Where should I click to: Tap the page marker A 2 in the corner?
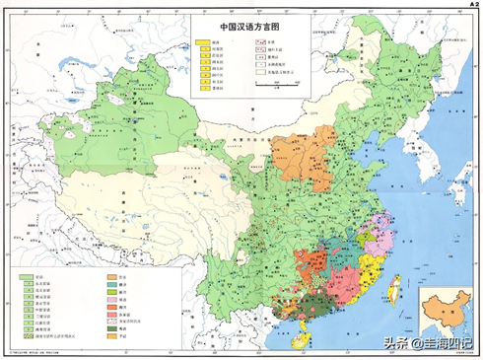(x=470, y=5)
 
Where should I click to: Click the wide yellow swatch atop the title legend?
(x=204, y=43)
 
